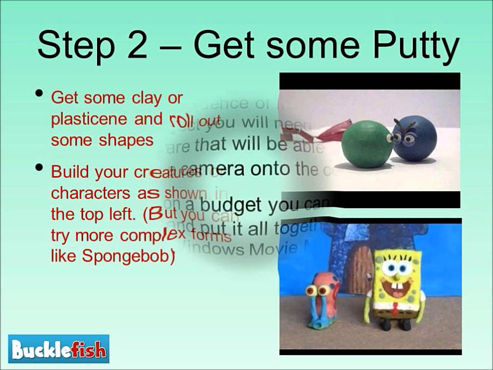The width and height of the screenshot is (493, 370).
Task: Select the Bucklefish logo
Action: coord(59,349)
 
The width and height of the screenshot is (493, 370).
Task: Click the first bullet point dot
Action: coord(39,95)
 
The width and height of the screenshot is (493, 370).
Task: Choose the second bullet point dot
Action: coord(39,169)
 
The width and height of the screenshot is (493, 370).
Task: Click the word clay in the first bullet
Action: coord(143,98)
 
